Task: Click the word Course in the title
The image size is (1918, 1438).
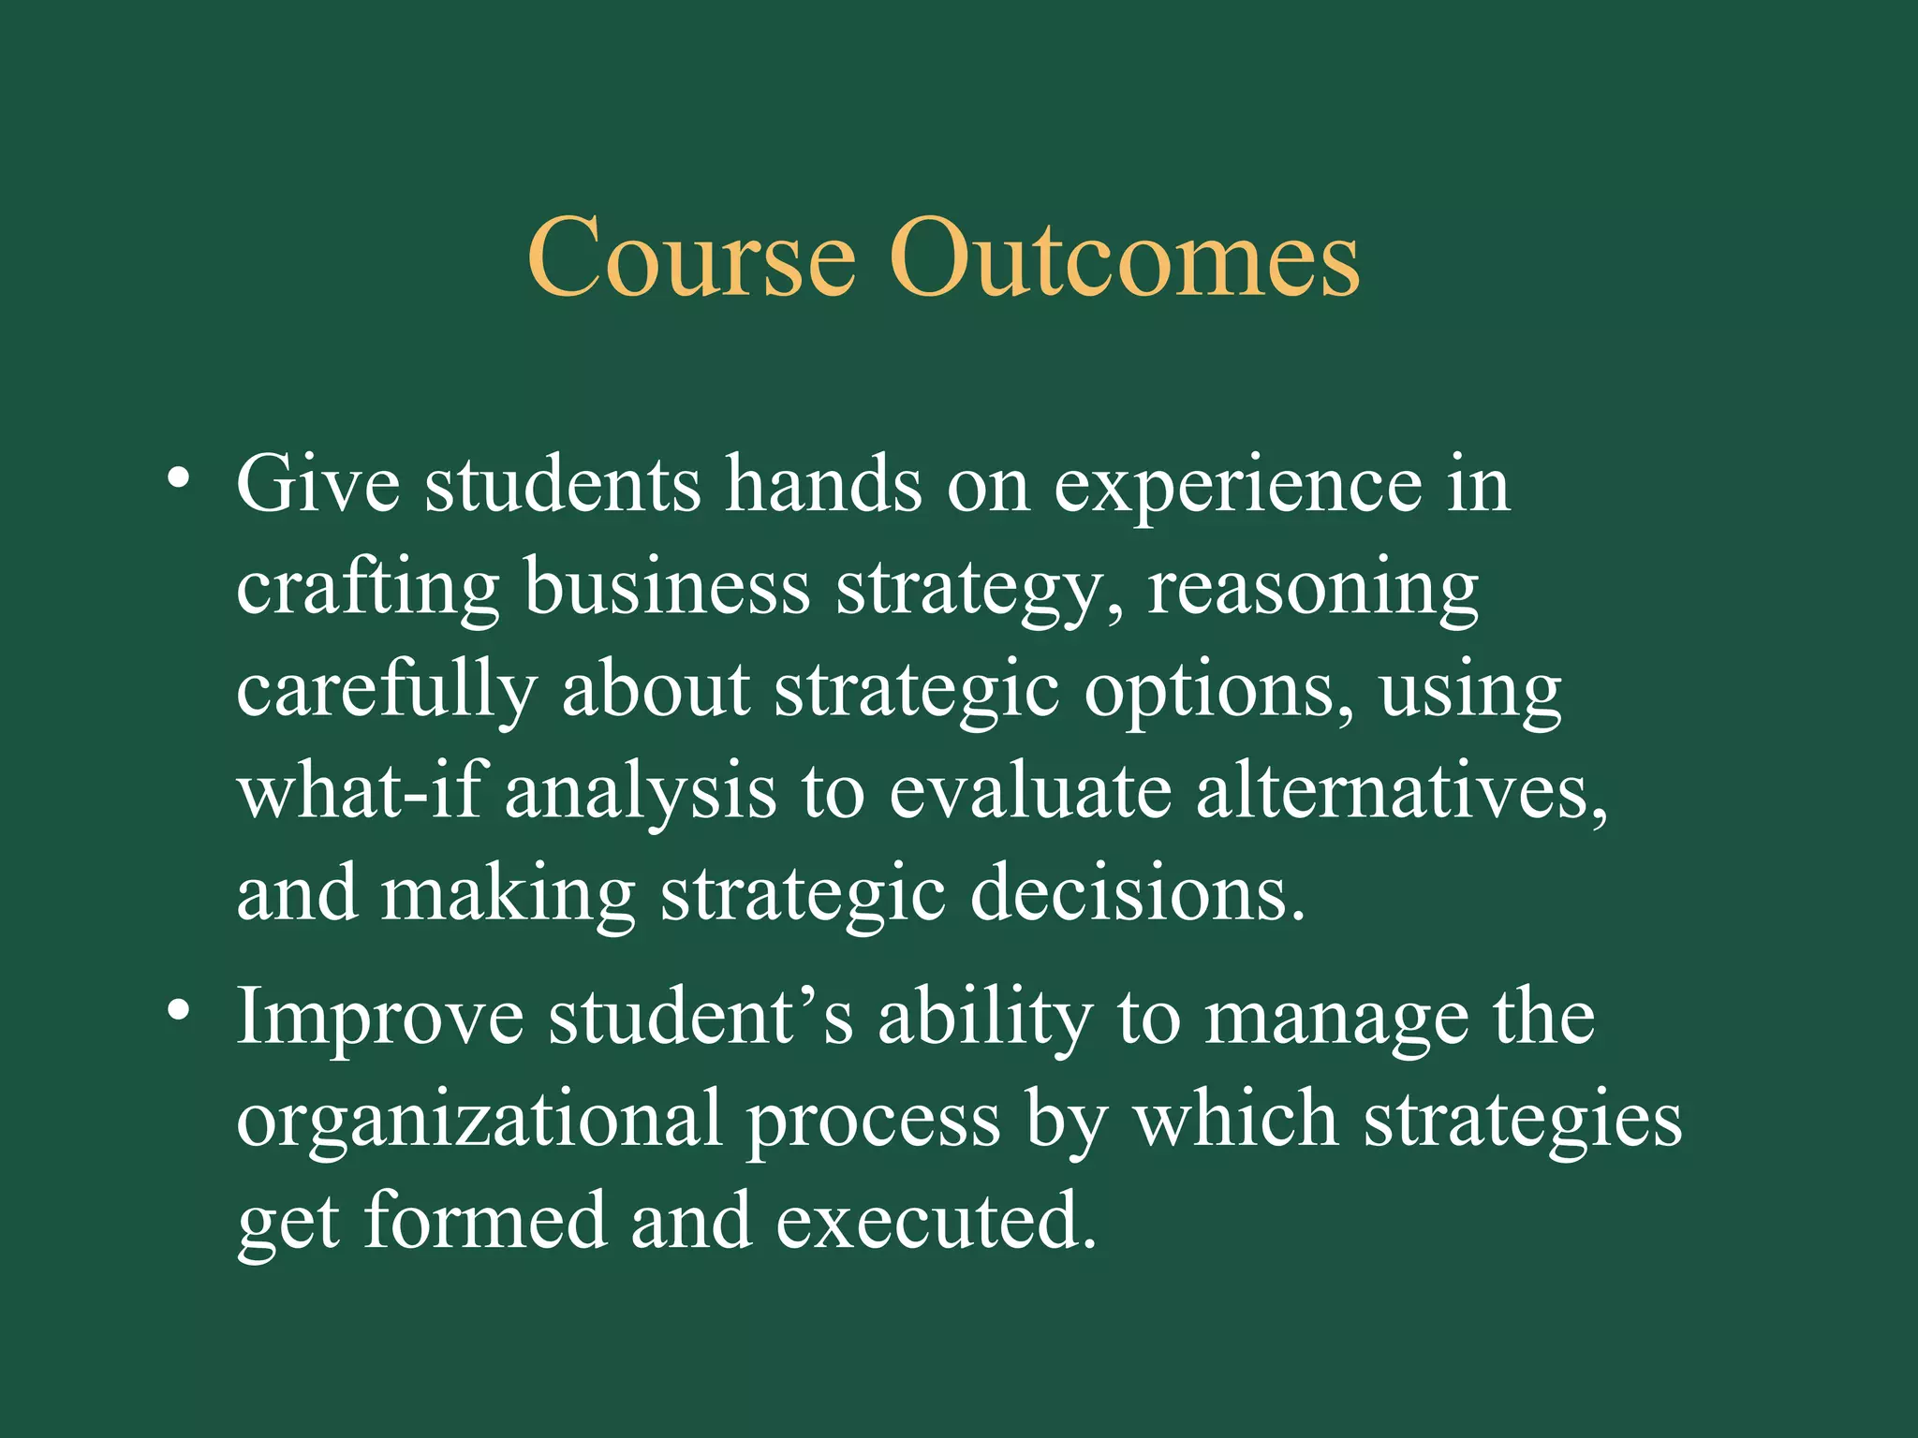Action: coord(691,257)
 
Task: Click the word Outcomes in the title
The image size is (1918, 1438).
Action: coord(1124,257)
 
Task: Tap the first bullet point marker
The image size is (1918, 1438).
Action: coord(179,480)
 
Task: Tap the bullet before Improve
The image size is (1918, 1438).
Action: coord(179,1012)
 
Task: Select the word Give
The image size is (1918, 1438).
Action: coord(318,485)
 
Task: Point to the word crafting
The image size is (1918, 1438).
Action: coord(368,590)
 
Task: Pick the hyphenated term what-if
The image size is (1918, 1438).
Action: coord(361,792)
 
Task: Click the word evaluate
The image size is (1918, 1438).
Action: coord(1029,792)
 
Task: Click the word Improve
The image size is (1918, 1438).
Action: coord(379,1020)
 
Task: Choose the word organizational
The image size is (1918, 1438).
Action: coord(479,1122)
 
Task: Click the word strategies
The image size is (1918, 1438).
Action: coord(1522,1122)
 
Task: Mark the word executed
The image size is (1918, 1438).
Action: coord(936,1222)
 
